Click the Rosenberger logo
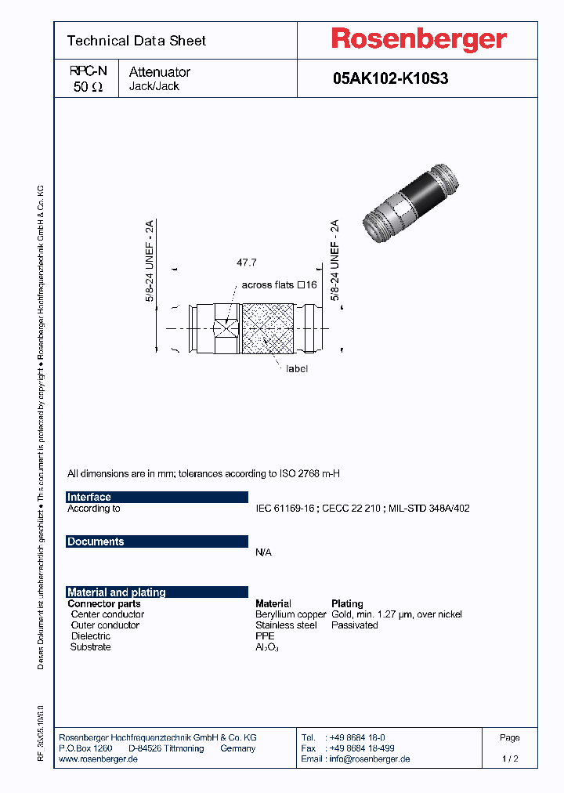pos(418,40)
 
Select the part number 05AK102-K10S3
pos(390,78)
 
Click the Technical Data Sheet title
pos(136,41)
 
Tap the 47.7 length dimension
pos(246,263)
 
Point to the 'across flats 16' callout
pos(279,285)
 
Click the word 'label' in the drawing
pos(297,368)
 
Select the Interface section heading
pos(89,497)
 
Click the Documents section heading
pos(96,541)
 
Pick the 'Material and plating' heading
pos(117,592)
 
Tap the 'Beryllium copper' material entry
pos(291,614)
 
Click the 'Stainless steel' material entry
pos(286,625)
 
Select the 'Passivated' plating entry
pos(355,625)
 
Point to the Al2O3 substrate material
pos(267,647)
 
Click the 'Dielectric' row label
pos(91,636)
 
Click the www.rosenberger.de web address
pos(99,759)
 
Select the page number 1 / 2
pos(509,759)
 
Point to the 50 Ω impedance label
pos(88,88)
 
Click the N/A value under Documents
pos(264,552)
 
